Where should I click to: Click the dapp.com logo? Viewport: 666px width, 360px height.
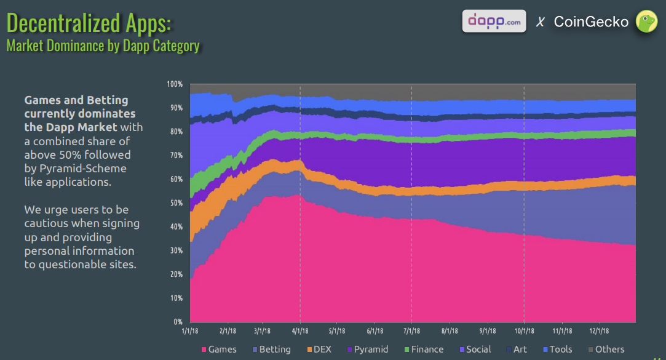coord(494,21)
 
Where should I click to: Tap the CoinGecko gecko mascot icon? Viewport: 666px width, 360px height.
coord(646,22)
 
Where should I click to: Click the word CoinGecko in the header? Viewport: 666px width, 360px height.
coord(591,22)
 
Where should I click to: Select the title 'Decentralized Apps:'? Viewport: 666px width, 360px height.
coord(89,23)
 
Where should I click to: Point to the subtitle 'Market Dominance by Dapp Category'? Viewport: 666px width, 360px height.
coord(103,46)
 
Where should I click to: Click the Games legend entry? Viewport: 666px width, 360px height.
coord(219,350)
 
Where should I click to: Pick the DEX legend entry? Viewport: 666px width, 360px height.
coord(319,350)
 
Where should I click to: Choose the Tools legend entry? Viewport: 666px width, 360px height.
coord(557,350)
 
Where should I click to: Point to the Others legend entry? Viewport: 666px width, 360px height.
coord(605,350)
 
